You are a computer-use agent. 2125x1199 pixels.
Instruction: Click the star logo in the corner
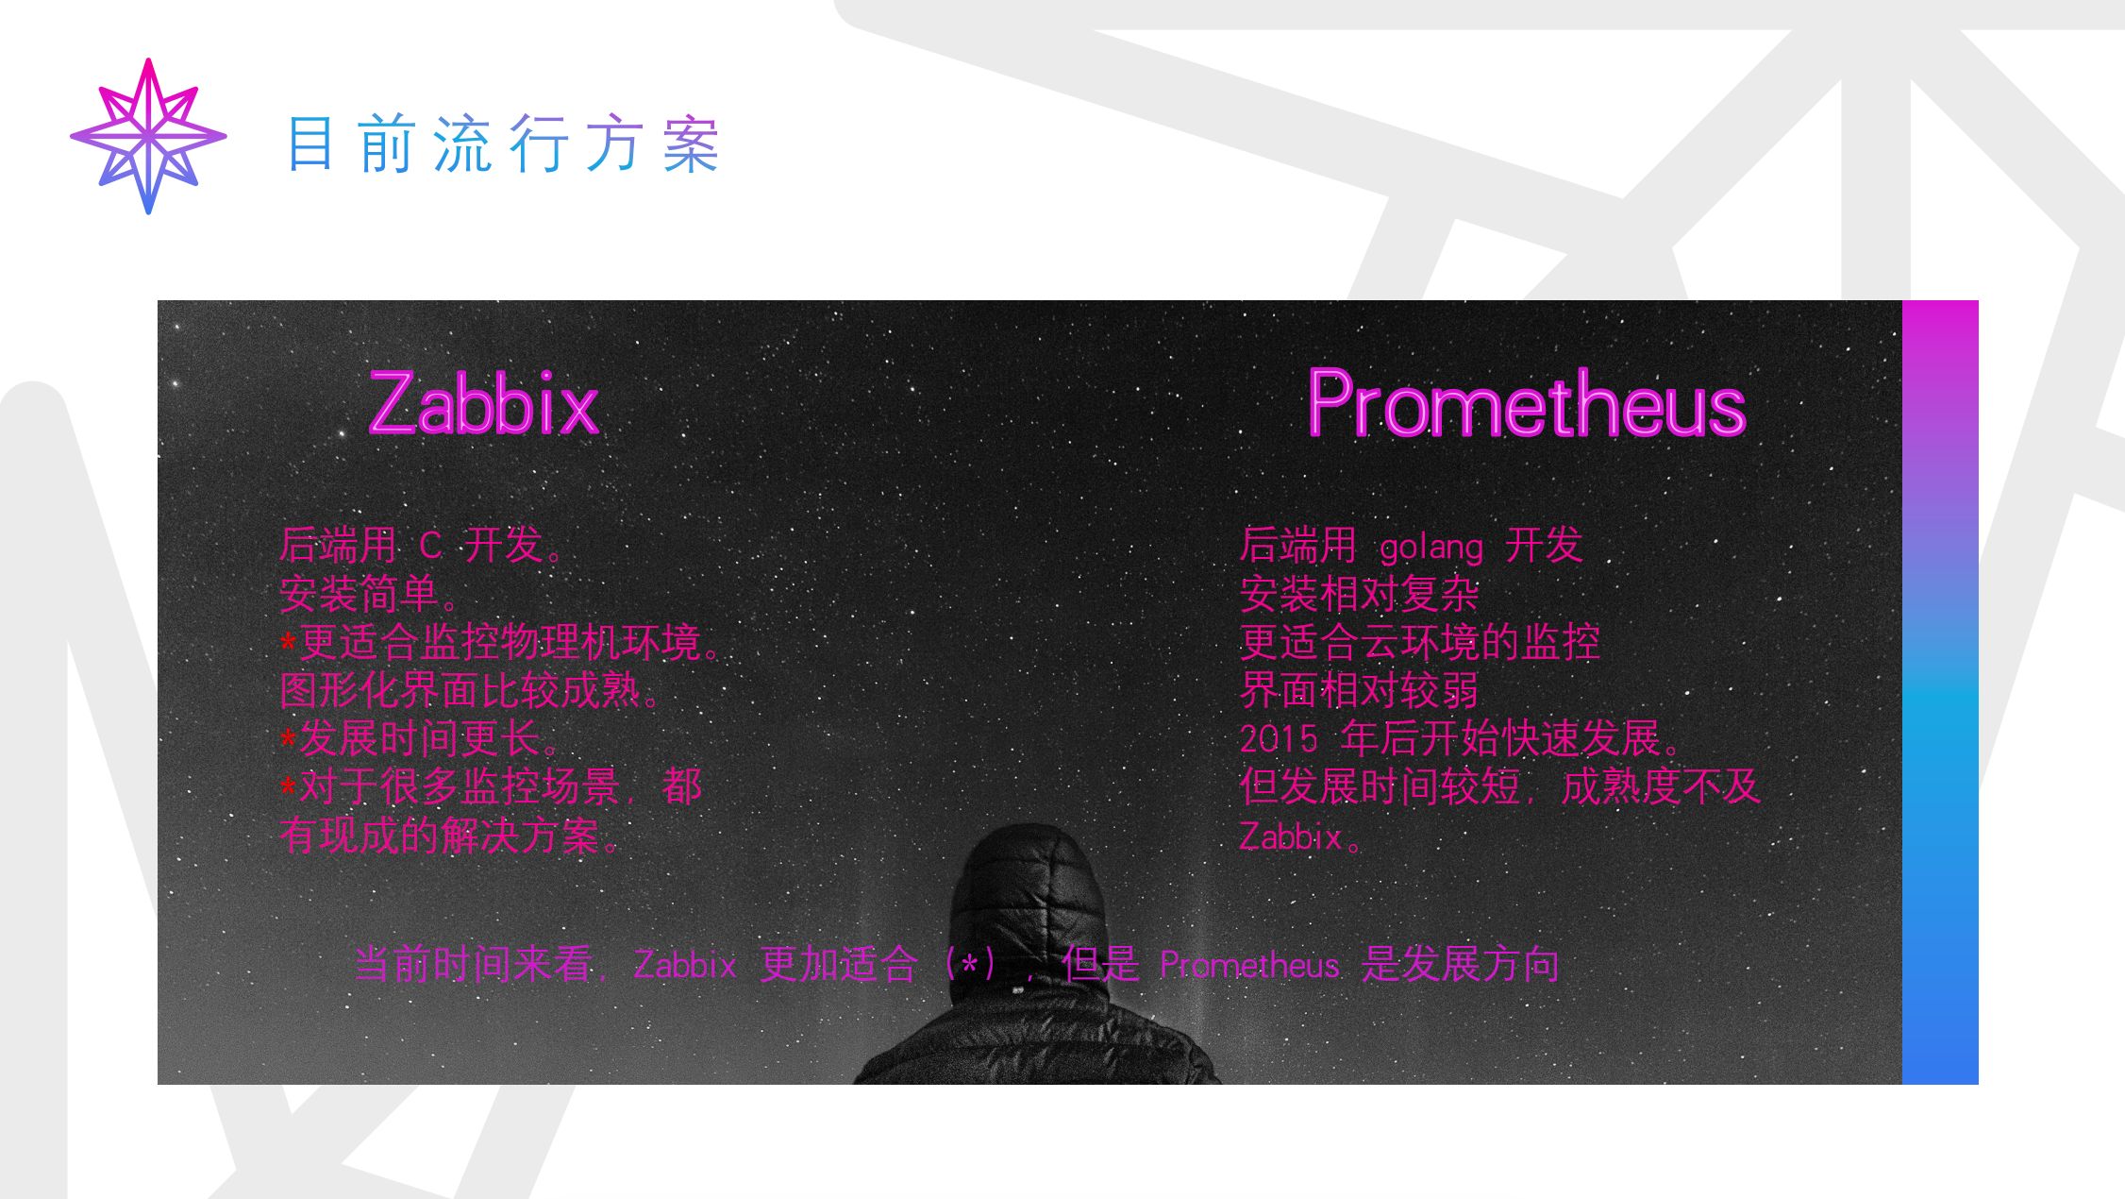(x=148, y=137)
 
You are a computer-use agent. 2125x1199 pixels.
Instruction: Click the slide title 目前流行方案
(x=503, y=144)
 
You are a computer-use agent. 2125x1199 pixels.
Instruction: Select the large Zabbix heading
(x=484, y=403)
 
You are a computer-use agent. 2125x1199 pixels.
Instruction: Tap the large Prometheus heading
(x=1527, y=403)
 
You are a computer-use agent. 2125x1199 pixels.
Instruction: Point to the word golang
(x=1431, y=548)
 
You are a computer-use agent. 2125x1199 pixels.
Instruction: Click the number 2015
(x=1278, y=738)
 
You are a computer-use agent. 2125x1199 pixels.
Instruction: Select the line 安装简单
(x=369, y=594)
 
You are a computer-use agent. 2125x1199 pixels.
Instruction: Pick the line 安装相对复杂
(x=1359, y=594)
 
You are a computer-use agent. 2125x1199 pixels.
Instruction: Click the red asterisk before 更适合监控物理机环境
(x=289, y=644)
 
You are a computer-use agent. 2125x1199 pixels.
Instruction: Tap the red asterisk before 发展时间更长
(x=289, y=739)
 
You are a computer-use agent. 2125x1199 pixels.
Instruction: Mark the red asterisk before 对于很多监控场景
(x=289, y=787)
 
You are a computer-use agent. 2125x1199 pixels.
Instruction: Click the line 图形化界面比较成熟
(x=470, y=691)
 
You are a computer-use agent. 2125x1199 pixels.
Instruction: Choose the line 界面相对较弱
(x=1359, y=691)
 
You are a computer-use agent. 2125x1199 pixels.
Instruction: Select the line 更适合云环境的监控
(x=1419, y=642)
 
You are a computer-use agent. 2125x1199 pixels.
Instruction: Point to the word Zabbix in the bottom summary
(x=685, y=965)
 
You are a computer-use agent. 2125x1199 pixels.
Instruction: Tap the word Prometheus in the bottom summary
(x=1249, y=965)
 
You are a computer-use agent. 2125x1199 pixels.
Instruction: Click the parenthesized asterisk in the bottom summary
(x=969, y=965)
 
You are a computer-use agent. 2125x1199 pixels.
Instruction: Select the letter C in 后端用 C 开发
(x=430, y=546)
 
